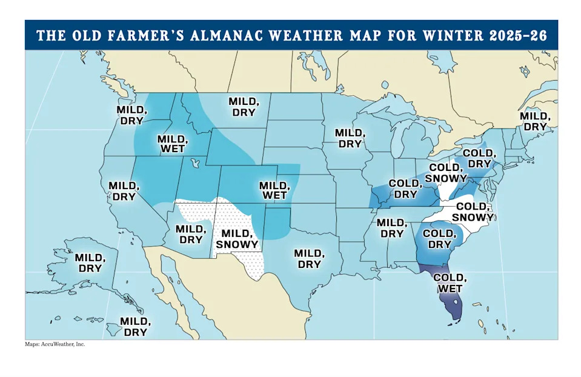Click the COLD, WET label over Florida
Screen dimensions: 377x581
(x=450, y=283)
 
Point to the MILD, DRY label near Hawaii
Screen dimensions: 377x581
(x=134, y=327)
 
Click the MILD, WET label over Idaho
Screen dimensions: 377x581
(x=171, y=144)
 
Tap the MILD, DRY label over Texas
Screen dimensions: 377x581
(x=308, y=259)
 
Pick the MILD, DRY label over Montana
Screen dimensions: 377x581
(x=244, y=107)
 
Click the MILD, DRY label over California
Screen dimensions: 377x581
(x=122, y=191)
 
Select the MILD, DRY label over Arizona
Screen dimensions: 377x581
(x=190, y=234)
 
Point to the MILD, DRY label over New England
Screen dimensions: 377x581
(x=535, y=121)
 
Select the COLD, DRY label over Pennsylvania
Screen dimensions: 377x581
(x=477, y=158)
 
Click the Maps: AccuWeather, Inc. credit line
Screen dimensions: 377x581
(x=55, y=344)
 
